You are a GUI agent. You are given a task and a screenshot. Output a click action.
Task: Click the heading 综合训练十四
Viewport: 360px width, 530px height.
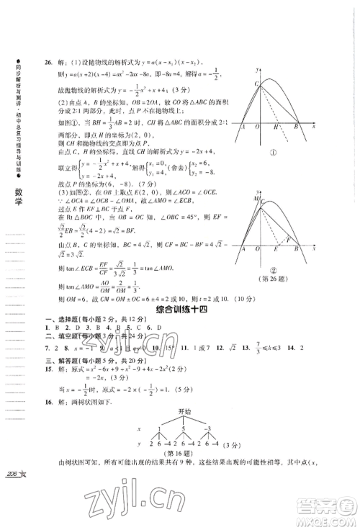[x=181, y=310]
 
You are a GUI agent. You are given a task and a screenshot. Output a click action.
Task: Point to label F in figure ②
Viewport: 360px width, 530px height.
[x=287, y=240]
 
